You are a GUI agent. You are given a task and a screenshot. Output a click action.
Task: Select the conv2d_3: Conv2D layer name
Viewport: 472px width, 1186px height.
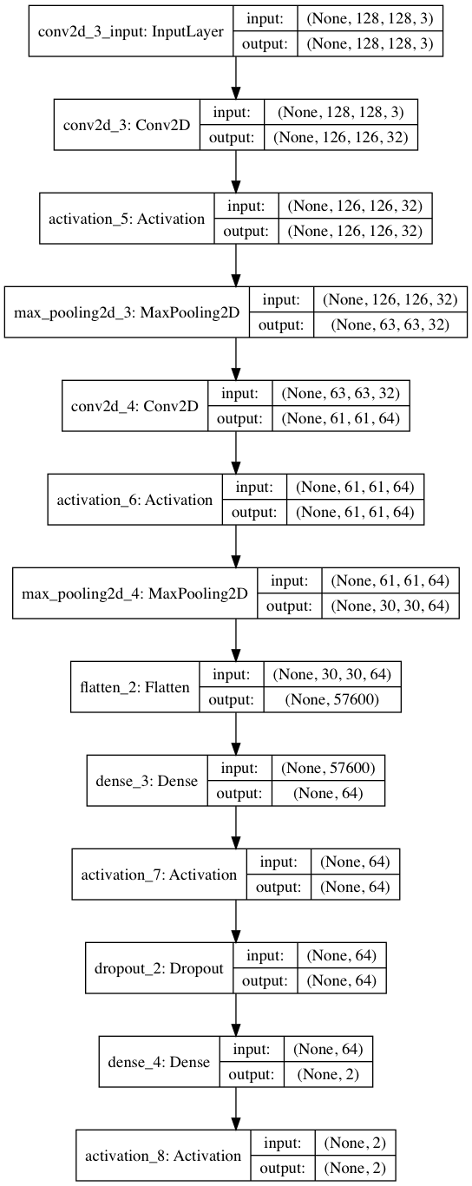coord(127,123)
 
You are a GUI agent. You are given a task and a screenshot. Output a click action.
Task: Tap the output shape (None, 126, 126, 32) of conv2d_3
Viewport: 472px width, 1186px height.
coord(345,136)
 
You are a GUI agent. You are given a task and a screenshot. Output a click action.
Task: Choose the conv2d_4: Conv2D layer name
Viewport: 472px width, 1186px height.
coord(134,405)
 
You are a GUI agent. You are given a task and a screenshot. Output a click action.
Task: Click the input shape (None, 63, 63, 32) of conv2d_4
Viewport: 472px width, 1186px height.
coord(339,392)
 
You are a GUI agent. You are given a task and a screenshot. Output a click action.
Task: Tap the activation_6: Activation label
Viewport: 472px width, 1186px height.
coord(134,500)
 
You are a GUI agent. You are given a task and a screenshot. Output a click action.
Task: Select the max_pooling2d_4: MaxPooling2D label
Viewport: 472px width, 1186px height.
coord(134,594)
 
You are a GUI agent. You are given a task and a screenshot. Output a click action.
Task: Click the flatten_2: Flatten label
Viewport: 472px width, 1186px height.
coord(134,688)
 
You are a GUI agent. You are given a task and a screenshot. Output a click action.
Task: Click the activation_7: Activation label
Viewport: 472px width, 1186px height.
coord(159,875)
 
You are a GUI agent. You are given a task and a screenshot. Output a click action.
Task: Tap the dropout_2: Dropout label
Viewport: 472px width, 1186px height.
coord(159,968)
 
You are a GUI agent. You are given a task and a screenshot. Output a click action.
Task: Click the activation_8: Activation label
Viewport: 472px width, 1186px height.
coord(163,1156)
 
